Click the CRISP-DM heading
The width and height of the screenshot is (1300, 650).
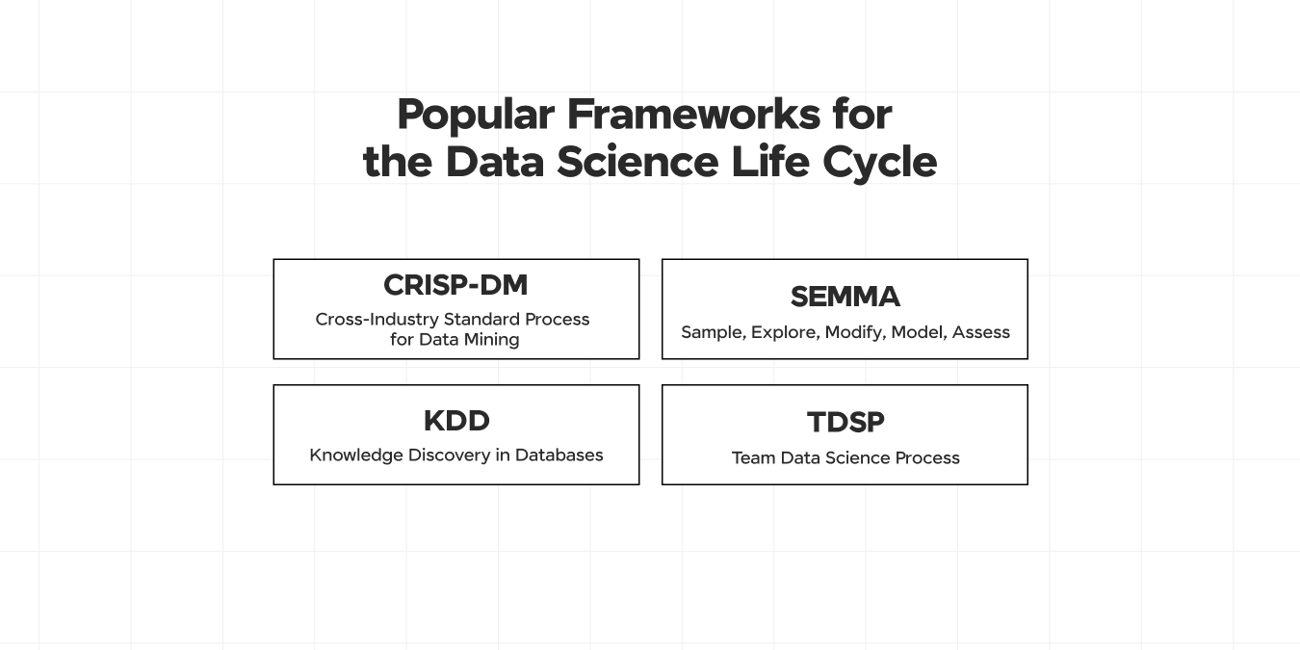click(455, 285)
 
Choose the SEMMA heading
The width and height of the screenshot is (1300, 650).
click(845, 297)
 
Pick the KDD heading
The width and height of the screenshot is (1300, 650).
click(456, 421)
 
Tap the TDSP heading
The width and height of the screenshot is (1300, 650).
click(845, 422)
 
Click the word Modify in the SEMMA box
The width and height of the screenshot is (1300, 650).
click(854, 332)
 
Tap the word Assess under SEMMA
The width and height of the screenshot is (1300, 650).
click(980, 332)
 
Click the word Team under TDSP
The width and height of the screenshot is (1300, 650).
click(753, 457)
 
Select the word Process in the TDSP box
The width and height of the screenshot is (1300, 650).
click(927, 457)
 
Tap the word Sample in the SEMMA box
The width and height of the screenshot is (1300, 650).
click(711, 332)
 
